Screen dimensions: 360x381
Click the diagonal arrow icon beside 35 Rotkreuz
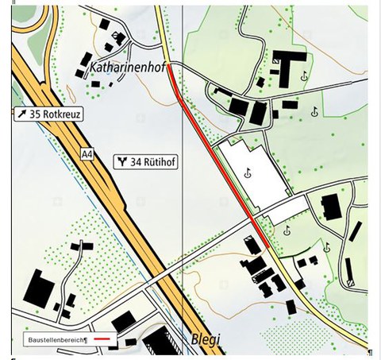point(23,114)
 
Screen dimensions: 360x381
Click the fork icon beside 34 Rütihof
point(122,161)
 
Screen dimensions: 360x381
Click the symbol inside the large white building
point(248,173)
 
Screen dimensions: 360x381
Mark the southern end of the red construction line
point(267,247)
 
